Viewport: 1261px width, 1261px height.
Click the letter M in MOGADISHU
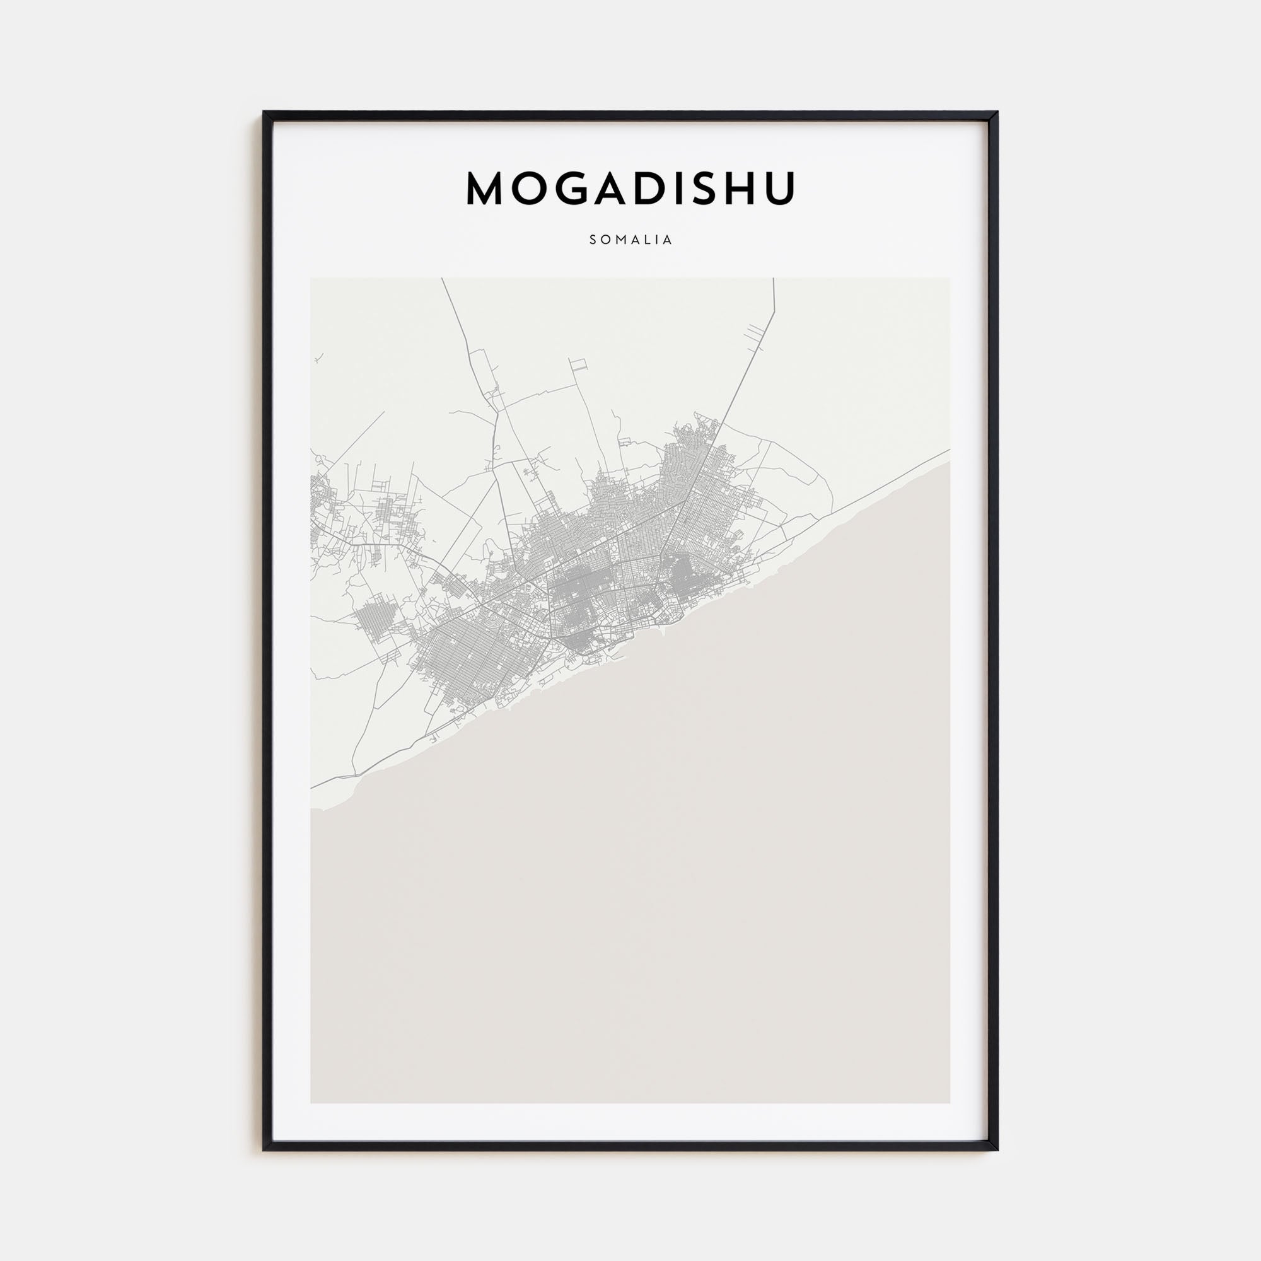click(x=487, y=189)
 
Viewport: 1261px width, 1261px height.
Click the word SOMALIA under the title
click(x=630, y=240)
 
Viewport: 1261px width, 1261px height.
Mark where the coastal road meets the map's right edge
click(x=948, y=450)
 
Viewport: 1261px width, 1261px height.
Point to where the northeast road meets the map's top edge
click(x=774, y=279)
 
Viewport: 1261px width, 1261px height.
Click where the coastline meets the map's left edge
click(x=312, y=810)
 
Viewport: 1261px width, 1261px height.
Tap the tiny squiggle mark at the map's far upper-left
click(x=318, y=358)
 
